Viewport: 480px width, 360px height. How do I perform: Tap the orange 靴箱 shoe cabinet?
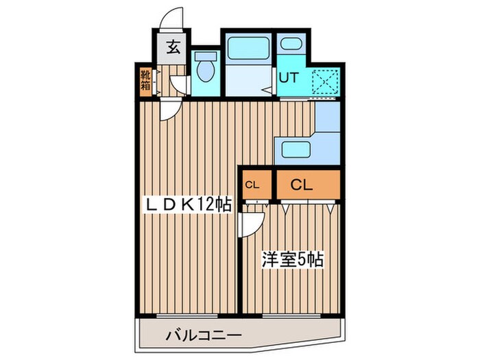pyautogui.click(x=145, y=81)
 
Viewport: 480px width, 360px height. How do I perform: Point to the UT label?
pyautogui.click(x=288, y=77)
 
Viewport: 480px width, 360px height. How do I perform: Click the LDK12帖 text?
pyautogui.click(x=187, y=204)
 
